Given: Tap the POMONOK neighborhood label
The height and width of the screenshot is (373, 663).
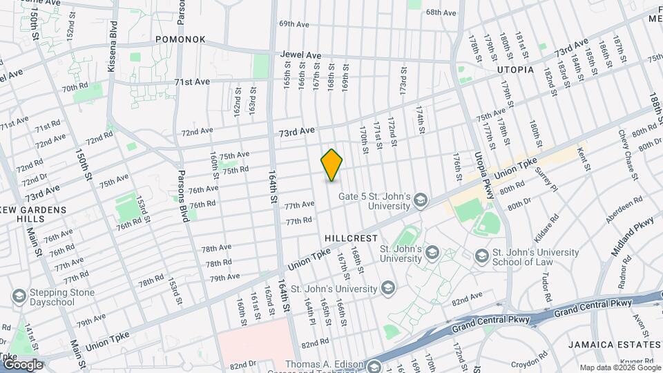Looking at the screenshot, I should click(180, 39).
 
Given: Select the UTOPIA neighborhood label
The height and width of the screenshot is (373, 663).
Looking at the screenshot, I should click(515, 70).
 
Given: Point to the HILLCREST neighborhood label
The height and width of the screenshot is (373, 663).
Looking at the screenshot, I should click(352, 238).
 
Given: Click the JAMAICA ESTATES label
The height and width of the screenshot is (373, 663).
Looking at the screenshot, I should click(615, 344).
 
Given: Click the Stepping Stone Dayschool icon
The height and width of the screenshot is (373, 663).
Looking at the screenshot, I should click(19, 297).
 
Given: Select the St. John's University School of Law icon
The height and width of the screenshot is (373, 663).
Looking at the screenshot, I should click(482, 257).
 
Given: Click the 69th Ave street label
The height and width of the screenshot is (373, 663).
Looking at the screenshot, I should click(294, 23).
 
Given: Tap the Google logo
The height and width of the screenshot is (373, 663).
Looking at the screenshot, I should click(23, 364).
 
